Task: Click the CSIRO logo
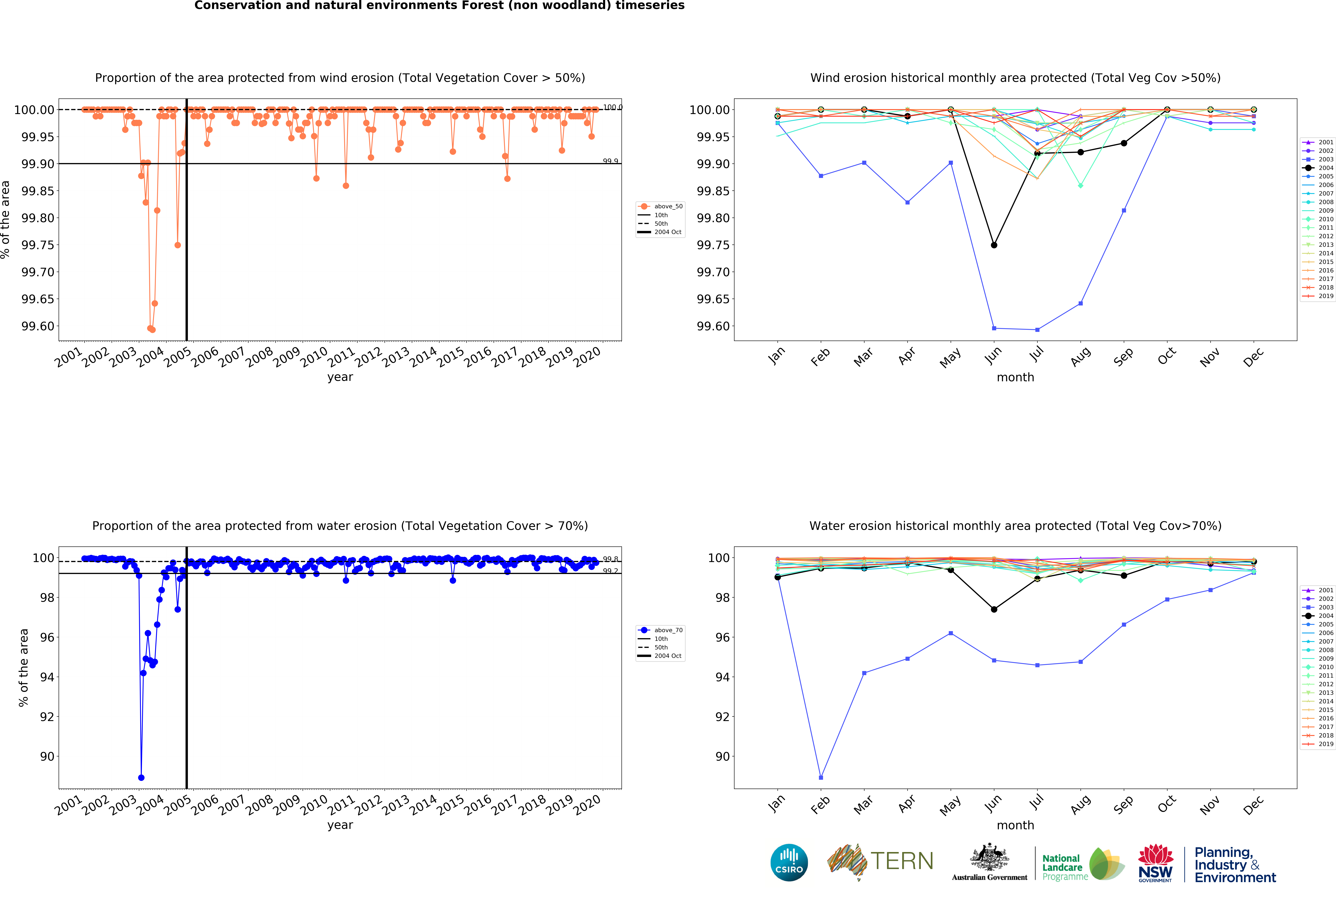coord(789,863)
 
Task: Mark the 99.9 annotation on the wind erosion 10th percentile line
coord(610,161)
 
